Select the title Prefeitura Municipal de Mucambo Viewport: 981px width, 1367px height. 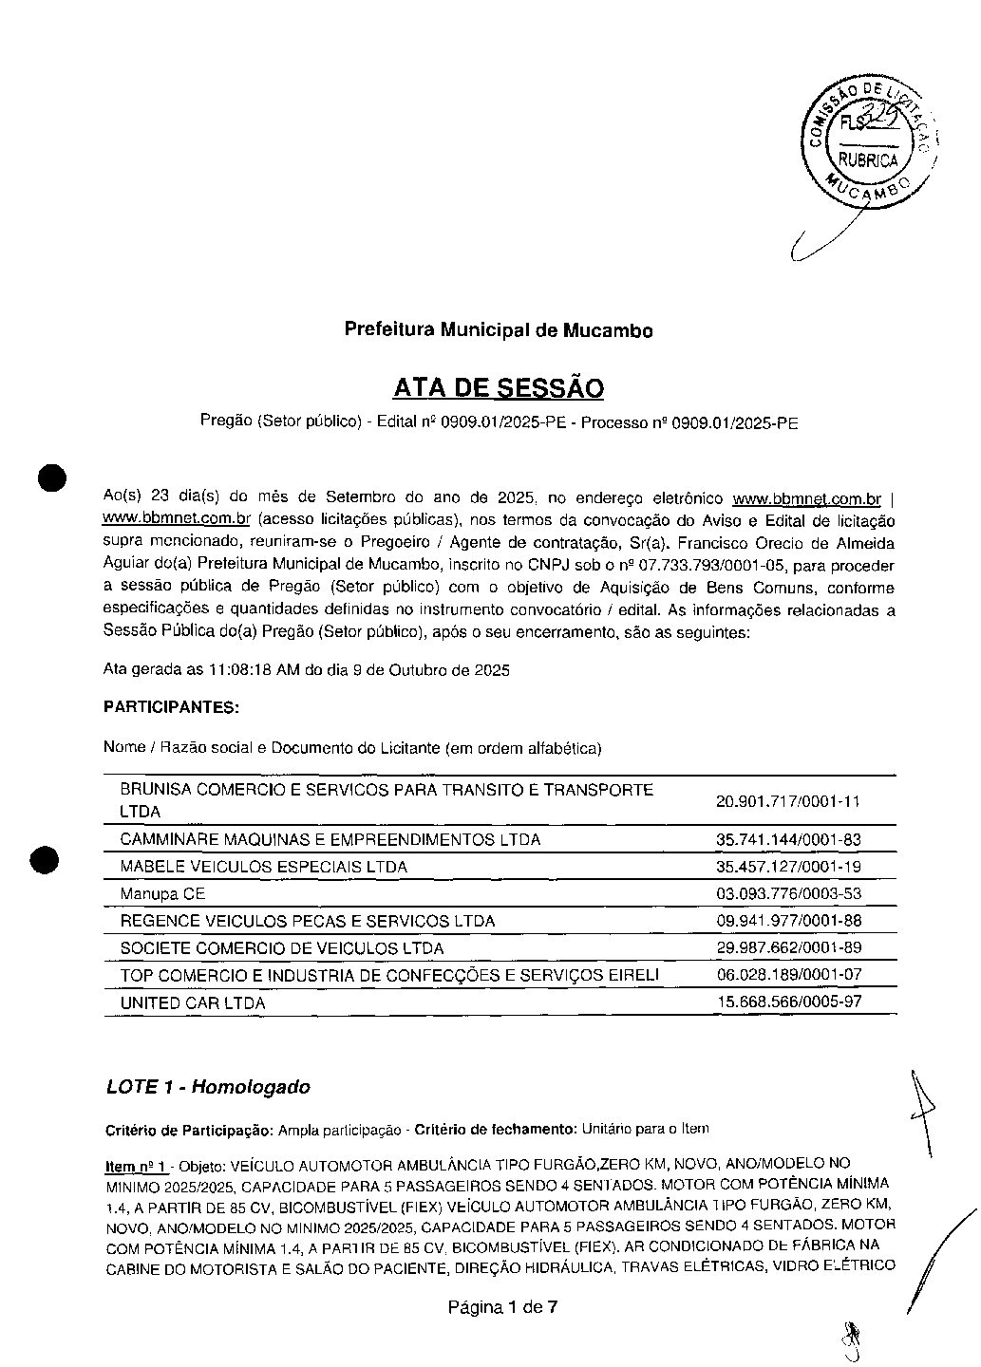point(498,330)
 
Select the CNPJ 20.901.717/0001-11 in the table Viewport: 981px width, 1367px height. point(787,801)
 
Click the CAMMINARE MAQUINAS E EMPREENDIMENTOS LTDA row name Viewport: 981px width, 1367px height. point(330,839)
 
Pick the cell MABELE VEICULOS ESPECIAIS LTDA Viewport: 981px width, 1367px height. point(263,867)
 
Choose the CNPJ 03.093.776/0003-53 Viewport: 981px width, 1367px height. point(787,894)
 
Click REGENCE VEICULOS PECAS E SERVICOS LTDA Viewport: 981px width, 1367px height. point(307,921)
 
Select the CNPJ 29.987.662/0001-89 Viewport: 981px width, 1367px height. point(787,948)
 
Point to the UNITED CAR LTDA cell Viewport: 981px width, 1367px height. point(192,1002)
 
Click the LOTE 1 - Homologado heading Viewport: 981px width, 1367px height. point(208,1087)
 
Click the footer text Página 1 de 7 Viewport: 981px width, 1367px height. point(502,1307)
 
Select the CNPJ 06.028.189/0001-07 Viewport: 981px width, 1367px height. point(787,975)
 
